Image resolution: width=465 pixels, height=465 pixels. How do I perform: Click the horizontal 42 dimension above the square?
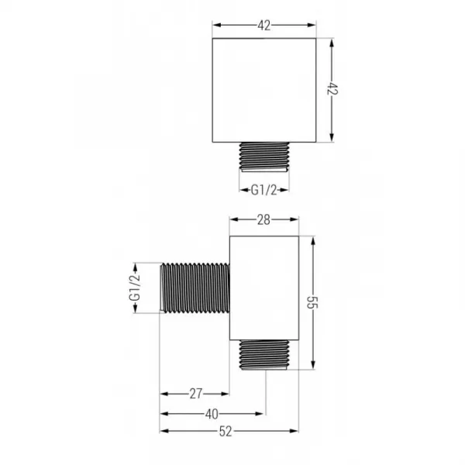pos(264,26)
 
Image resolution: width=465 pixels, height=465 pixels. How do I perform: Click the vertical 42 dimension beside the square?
pos(332,88)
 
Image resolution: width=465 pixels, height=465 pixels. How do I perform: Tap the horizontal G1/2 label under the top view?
pos(263,190)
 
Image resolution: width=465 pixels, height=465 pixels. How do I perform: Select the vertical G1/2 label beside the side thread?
pos(135,288)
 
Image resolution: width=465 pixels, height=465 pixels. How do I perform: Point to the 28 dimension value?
pos(263,220)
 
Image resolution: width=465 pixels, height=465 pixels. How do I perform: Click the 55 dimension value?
pos(312,302)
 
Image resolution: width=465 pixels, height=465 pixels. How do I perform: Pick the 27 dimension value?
pos(196,394)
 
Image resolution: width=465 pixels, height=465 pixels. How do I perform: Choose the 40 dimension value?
pos(212,414)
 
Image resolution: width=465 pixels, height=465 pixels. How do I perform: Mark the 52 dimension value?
pos(226,432)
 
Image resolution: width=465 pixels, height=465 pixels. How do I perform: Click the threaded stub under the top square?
pos(264,157)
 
